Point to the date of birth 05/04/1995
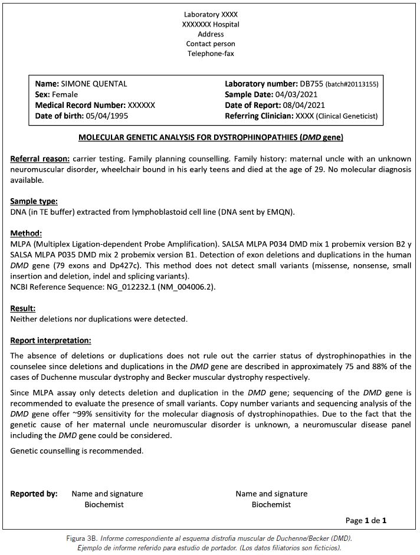pyautogui.click(x=106, y=116)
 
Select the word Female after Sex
pyautogui.click(x=65, y=94)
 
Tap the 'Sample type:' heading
pyautogui.click(x=34, y=201)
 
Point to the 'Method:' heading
pyautogui.click(x=27, y=233)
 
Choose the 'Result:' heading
pyautogui.click(x=24, y=308)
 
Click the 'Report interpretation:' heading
pyautogui.click(x=51, y=340)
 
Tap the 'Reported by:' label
pyautogui.click(x=34, y=494)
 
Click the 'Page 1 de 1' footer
pyautogui.click(x=366, y=520)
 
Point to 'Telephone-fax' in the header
pyautogui.click(x=211, y=54)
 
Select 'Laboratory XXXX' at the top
pyautogui.click(x=211, y=14)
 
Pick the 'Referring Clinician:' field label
pyautogui.click(x=258, y=116)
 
